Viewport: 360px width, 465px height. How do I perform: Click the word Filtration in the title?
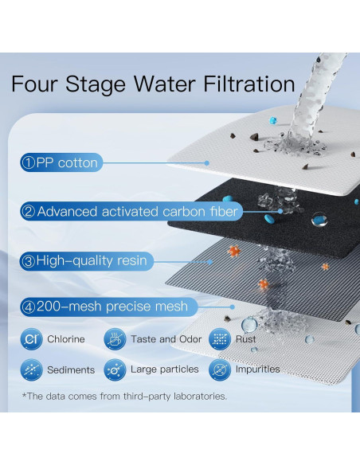click(248, 84)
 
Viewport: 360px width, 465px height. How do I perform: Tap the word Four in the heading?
click(33, 84)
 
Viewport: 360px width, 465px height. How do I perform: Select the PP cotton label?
click(61, 162)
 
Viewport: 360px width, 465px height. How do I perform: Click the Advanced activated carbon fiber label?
click(131, 212)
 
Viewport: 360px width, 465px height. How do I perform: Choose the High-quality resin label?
click(87, 261)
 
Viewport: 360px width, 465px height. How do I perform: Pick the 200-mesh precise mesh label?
click(108, 307)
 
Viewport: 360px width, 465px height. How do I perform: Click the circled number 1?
click(29, 162)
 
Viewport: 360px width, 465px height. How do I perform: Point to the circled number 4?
click(29, 307)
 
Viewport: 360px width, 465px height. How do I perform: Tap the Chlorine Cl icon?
click(31, 339)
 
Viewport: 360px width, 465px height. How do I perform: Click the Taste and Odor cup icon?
click(115, 339)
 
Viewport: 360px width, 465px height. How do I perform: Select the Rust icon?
click(220, 339)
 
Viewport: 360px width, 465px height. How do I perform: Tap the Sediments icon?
click(31, 369)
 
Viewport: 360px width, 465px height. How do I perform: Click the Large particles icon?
click(115, 369)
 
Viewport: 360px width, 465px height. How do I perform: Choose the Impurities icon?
click(220, 369)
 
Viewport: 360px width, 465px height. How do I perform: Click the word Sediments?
click(71, 369)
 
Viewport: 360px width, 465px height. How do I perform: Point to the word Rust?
click(245, 339)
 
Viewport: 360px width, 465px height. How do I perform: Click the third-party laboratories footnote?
click(124, 397)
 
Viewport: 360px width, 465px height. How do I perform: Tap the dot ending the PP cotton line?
click(207, 162)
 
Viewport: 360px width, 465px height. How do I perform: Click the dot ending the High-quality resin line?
click(210, 262)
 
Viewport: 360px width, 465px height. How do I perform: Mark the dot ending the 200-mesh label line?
click(233, 307)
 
